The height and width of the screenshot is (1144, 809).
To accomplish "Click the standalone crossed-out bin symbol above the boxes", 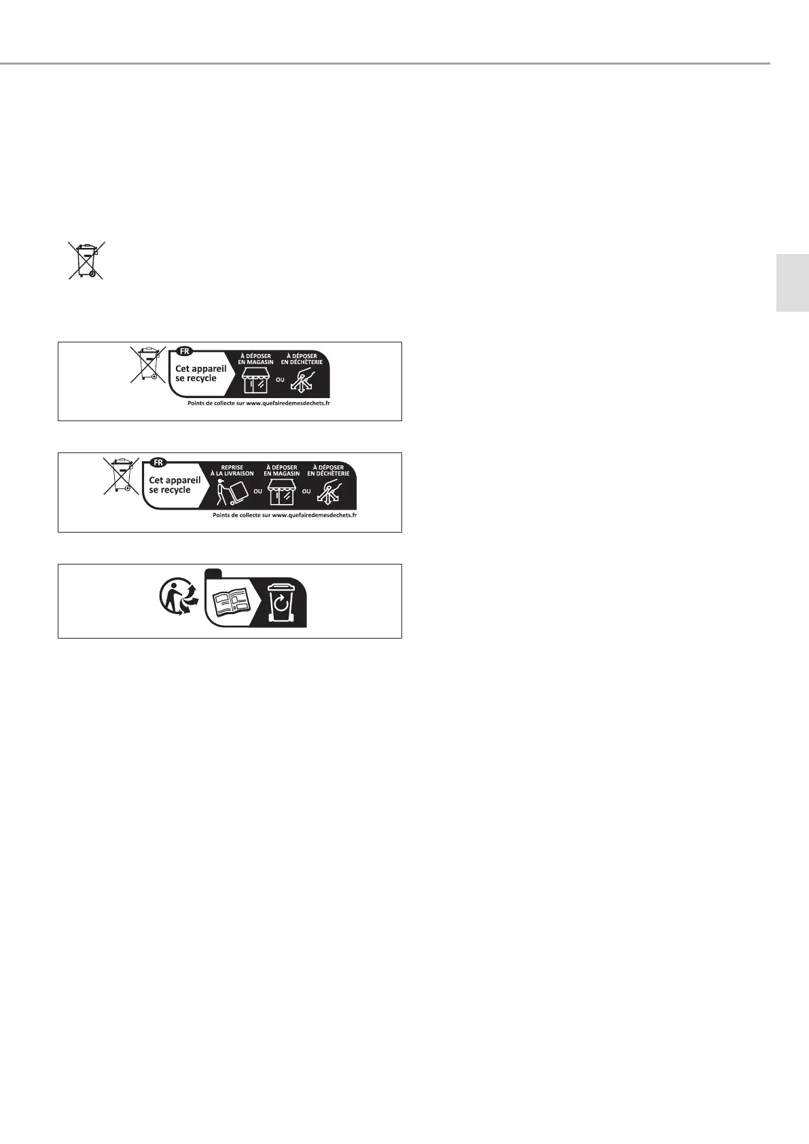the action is coord(86,260).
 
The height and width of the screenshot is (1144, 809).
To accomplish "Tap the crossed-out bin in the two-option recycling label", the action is coord(147,364).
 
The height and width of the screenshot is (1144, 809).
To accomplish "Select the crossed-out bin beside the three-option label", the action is coord(121,476).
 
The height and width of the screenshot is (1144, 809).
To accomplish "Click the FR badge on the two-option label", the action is coord(184,351).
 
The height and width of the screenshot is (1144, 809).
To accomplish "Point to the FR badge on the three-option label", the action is coord(158,462).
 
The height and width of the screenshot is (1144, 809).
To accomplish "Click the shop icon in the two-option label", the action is coord(255,380).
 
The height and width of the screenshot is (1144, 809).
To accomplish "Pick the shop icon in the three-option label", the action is coord(281,492).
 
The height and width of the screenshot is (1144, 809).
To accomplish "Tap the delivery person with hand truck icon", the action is coord(232,492).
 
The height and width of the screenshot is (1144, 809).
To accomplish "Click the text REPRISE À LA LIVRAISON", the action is coord(232,470).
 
